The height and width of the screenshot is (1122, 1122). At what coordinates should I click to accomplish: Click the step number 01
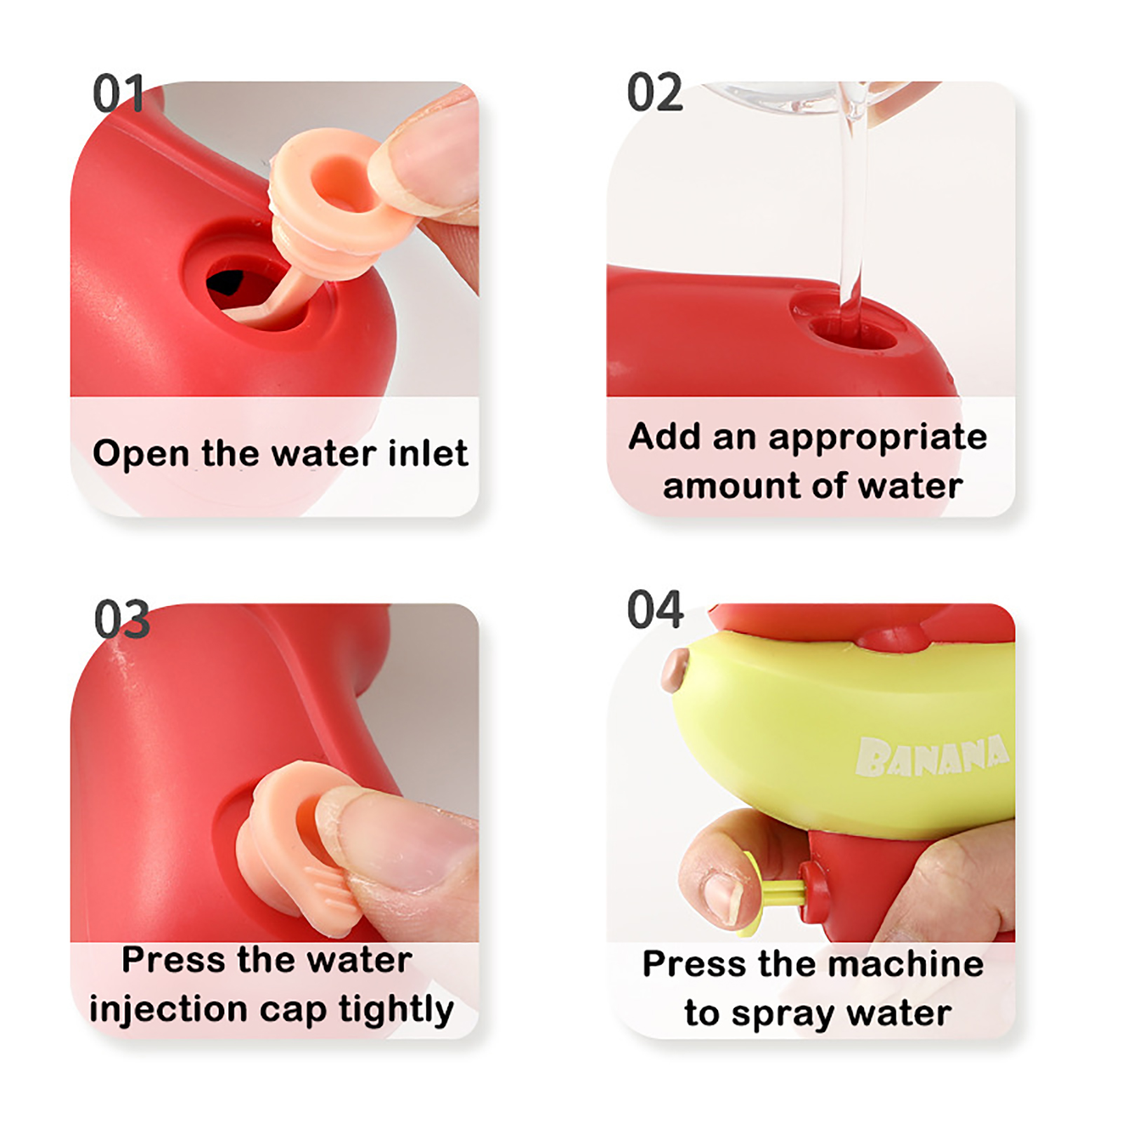118,93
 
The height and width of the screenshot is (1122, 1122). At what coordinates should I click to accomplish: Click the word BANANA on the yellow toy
933,756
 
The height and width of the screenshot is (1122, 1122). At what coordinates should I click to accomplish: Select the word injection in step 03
168,1011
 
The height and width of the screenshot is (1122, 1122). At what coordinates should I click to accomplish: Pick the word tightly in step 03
396,1011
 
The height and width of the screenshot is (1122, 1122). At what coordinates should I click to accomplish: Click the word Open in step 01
142,454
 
